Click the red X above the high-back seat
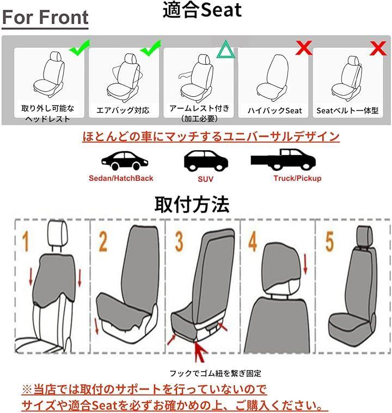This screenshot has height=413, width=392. coord(304,48)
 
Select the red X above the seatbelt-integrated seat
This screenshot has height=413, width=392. coord(378,48)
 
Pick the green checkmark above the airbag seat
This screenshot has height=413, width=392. coord(151,48)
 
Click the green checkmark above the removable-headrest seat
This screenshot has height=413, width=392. coord(80,48)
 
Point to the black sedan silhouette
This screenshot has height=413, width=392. coord(125,161)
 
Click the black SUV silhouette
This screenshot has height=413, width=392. coord(206,161)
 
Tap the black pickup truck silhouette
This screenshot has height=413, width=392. coord(283,159)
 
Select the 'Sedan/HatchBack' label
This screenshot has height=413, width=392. coord(121,178)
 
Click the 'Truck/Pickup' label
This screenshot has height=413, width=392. coord(297,178)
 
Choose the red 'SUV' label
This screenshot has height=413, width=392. coord(205,179)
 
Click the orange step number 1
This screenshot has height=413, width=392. coord(25,242)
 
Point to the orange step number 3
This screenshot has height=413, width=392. coord(179,242)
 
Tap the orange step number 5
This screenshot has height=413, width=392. coord(329,242)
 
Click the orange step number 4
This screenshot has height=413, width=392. coord(253,242)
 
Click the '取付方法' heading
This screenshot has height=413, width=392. coord(192,205)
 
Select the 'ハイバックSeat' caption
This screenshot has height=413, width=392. coord(275,110)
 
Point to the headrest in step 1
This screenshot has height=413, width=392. coord(58,233)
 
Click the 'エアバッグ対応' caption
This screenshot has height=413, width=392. coord(123,110)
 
